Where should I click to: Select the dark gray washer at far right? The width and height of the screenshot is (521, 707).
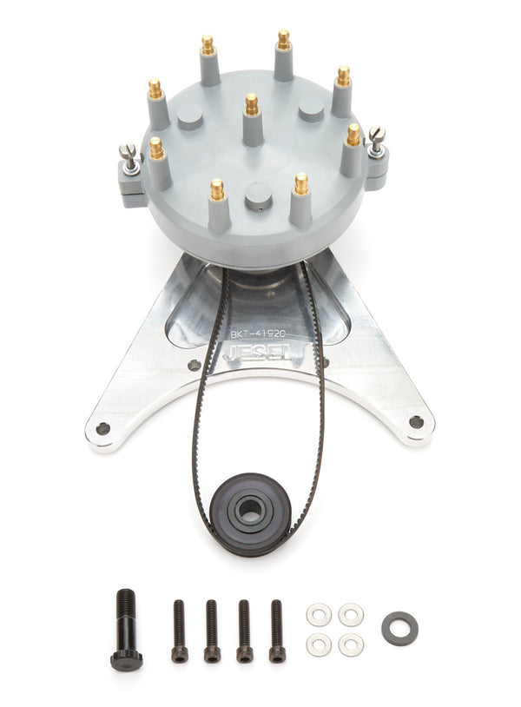tap(399, 628)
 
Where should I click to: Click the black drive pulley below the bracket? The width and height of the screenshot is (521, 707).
tap(252, 513)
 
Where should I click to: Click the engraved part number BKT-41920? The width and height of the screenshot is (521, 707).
tap(255, 332)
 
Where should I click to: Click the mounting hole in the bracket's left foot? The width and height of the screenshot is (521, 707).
tap(103, 428)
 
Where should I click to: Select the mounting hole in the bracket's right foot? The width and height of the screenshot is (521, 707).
tap(416, 422)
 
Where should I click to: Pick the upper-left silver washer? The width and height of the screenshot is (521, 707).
tap(319, 615)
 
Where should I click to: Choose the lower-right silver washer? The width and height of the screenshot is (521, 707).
tap(351, 644)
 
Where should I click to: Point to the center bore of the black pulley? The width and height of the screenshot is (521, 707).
tap(252, 508)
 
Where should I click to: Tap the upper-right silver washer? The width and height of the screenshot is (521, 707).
tap(351, 615)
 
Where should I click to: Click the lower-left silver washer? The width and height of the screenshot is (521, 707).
tap(319, 644)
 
